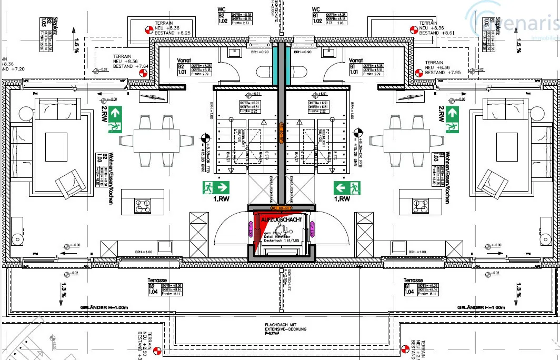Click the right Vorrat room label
point(356,61)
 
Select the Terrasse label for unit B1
point(414,281)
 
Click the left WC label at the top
point(222,9)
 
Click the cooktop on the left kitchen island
point(143,206)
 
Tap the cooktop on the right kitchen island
point(422,206)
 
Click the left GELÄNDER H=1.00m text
point(104,307)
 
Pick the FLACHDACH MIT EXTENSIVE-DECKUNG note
point(279,327)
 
